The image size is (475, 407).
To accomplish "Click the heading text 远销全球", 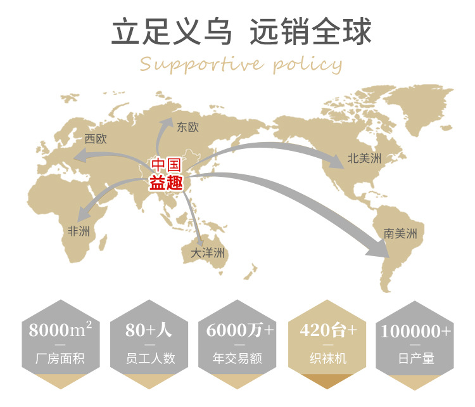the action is pos(310,32).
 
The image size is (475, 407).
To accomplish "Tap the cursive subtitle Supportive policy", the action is pos(241,64).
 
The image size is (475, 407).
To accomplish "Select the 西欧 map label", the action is pos(96,139).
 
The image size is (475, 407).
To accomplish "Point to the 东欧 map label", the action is pos(188,127).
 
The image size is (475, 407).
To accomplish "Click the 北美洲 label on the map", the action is pos(367,158).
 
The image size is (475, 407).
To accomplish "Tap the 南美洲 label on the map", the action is pos(400,233).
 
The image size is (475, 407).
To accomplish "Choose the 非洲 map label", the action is pos(79,231).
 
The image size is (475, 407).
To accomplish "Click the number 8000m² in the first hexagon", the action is pos(61,330).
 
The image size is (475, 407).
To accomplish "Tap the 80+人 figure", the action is pos(149,330).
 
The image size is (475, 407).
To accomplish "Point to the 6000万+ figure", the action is pos(241,330).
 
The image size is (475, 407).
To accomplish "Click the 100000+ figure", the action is pos(415,330).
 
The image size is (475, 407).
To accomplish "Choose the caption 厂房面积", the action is pos(61,359).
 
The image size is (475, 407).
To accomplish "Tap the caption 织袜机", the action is pos(328,359).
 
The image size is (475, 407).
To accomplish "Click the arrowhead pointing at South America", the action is pos(379,249).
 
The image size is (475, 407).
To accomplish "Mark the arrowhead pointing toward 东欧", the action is pos(169,122).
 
